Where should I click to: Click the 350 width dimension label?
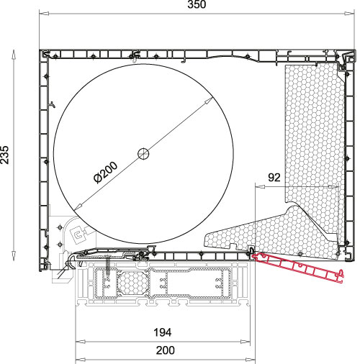pyautogui.click(x=197, y=4)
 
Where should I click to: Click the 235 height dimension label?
pyautogui.click(x=5, y=155)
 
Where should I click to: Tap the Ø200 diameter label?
pyautogui.click(x=106, y=173)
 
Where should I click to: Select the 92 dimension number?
pyautogui.click(x=274, y=178)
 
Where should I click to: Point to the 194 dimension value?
pyautogui.click(x=163, y=332)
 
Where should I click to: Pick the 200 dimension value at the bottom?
pyautogui.click(x=166, y=350)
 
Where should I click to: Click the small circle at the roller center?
pyautogui.click(x=143, y=154)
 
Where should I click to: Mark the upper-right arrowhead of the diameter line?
pyautogui.click(x=208, y=101)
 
